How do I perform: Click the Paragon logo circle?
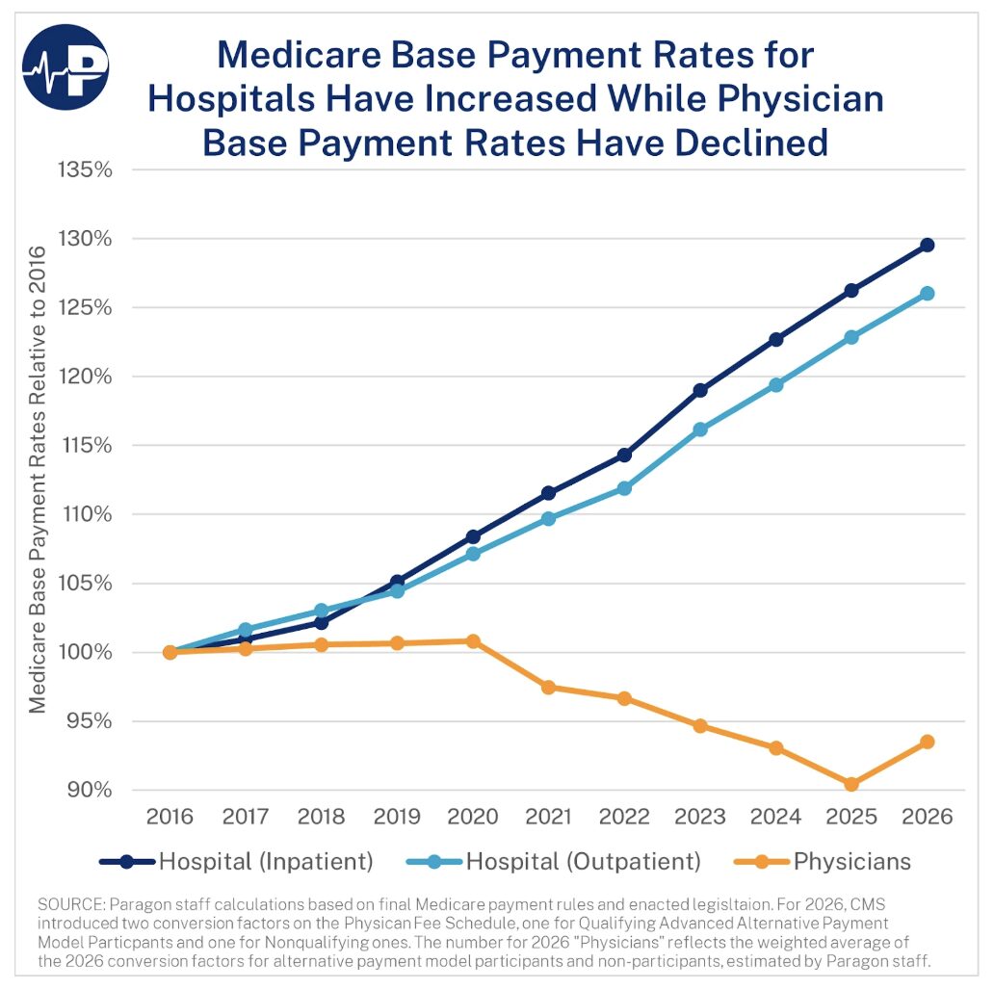66,66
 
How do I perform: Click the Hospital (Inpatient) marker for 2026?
927,245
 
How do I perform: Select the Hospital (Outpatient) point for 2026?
927,293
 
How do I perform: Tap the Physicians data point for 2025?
851,784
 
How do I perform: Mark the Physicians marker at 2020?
473,640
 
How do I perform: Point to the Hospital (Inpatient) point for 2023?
700,390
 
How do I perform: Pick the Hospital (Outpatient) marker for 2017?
246,629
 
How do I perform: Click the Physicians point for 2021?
548,687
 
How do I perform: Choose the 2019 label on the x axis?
397,817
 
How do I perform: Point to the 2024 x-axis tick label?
776,817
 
